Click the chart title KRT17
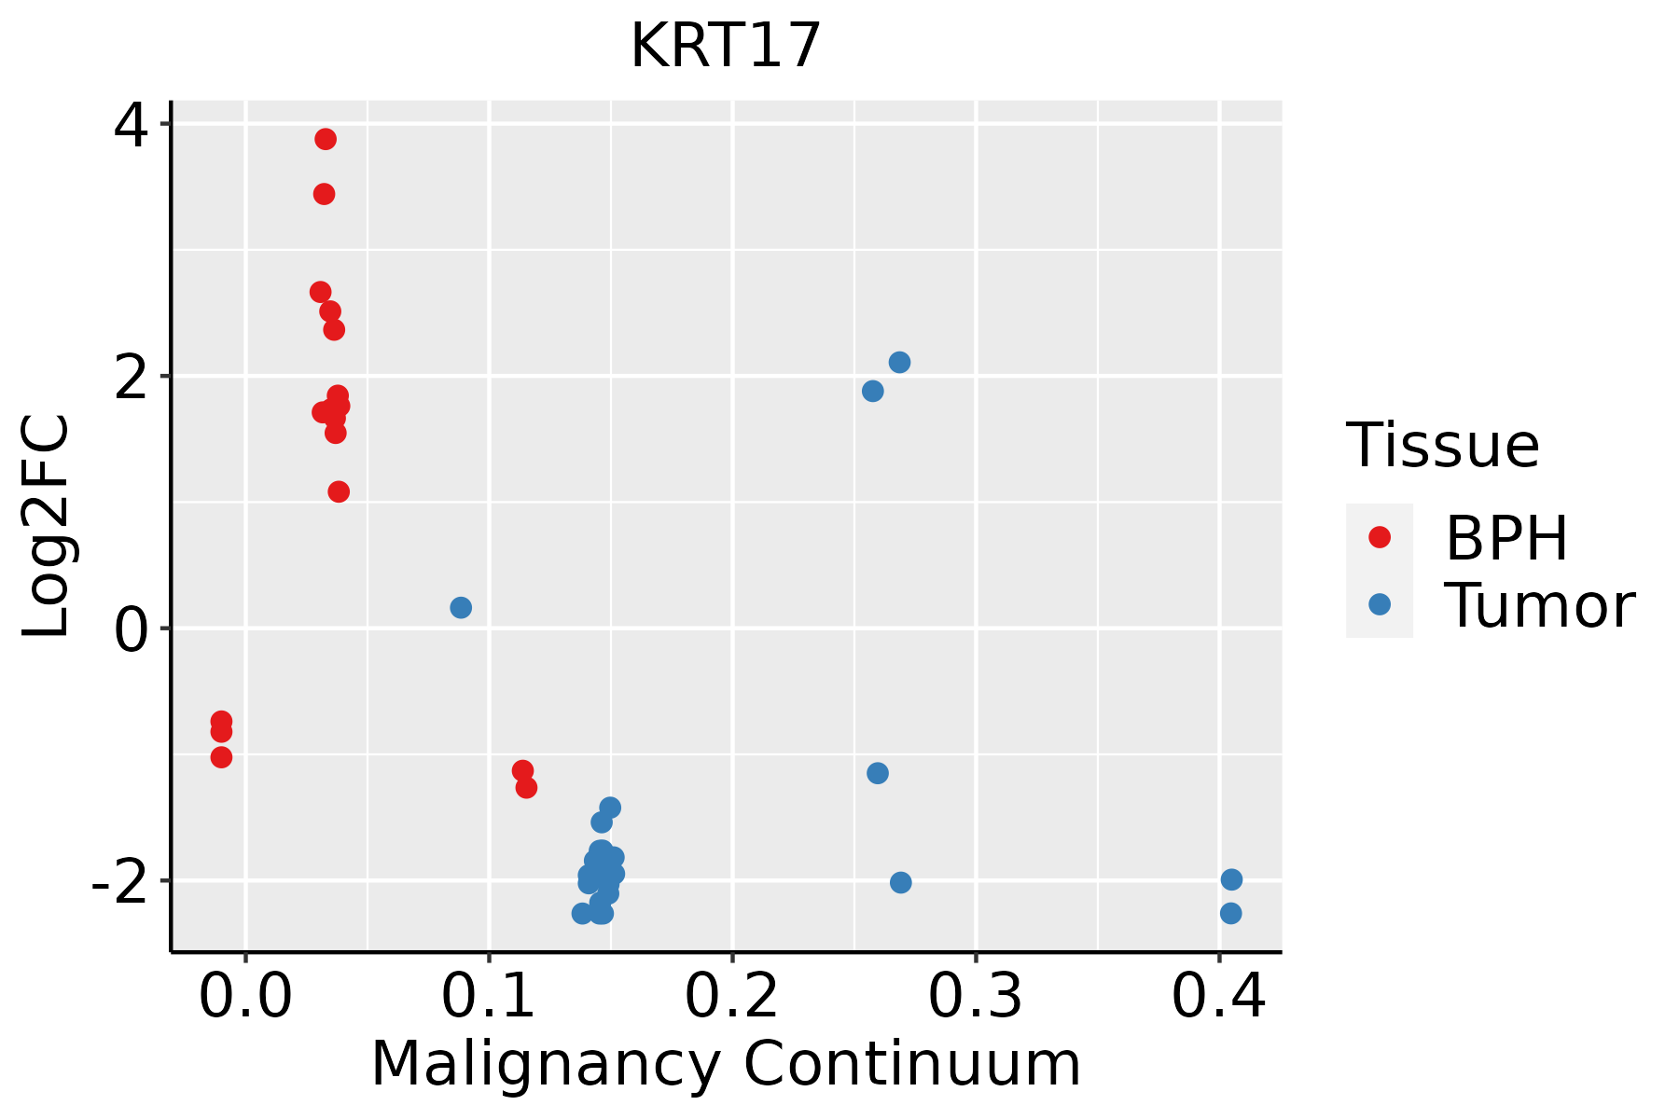pyautogui.click(x=725, y=47)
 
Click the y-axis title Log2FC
pyautogui.click(x=47, y=527)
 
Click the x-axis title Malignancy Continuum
pyautogui.click(x=725, y=1064)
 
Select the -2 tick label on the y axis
pyautogui.click(x=119, y=881)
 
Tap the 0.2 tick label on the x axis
pyautogui.click(x=731, y=998)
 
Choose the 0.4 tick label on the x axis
pyautogui.click(x=1217, y=998)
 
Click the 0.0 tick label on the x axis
pyautogui.click(x=245, y=998)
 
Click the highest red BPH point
pyautogui.click(x=326, y=139)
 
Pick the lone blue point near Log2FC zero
pyautogui.click(x=461, y=607)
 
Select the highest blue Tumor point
pyautogui.click(x=899, y=362)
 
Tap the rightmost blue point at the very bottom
pyautogui.click(x=1230, y=913)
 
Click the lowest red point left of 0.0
pyautogui.click(x=221, y=757)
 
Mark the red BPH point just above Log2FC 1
pyautogui.click(x=339, y=491)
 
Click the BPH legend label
pyautogui.click(x=1506, y=538)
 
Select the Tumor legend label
pyautogui.click(x=1539, y=606)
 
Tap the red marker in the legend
pyautogui.click(x=1379, y=536)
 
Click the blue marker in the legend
pyautogui.click(x=1379, y=604)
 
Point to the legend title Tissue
pyautogui.click(x=1443, y=446)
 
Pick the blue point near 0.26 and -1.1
pyautogui.click(x=878, y=773)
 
